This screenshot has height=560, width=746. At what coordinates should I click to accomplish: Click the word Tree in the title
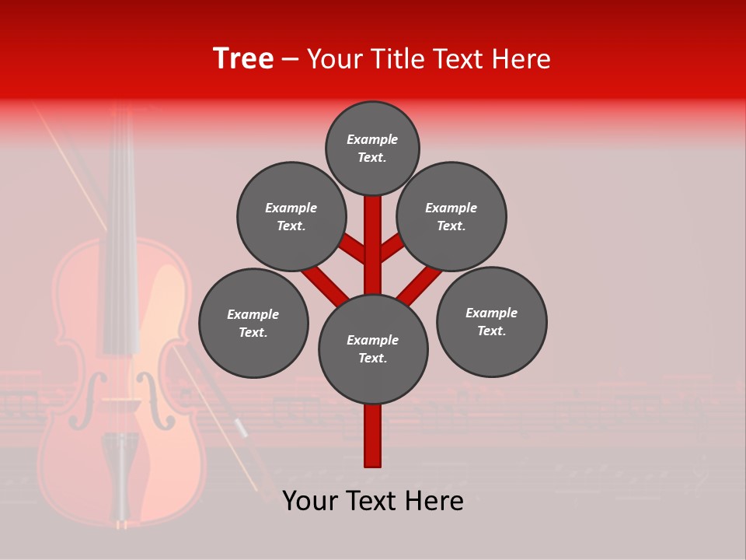click(x=243, y=59)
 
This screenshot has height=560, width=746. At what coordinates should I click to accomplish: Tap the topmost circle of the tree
click(x=372, y=149)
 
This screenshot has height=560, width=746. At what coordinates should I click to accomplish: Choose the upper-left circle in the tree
click(x=291, y=217)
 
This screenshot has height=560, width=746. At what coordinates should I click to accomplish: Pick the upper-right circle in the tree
click(x=451, y=217)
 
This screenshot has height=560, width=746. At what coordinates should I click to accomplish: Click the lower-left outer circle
click(x=253, y=324)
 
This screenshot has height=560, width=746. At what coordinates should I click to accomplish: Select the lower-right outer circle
click(x=492, y=322)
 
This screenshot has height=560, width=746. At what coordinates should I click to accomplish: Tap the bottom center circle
click(x=373, y=349)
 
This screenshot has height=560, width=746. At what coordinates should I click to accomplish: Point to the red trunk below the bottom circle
click(x=373, y=436)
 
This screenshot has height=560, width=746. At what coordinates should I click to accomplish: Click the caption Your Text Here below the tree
click(x=373, y=501)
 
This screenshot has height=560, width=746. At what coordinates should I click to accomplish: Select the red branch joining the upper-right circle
click(x=392, y=247)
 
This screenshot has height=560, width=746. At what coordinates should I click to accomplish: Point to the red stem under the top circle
click(x=373, y=233)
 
